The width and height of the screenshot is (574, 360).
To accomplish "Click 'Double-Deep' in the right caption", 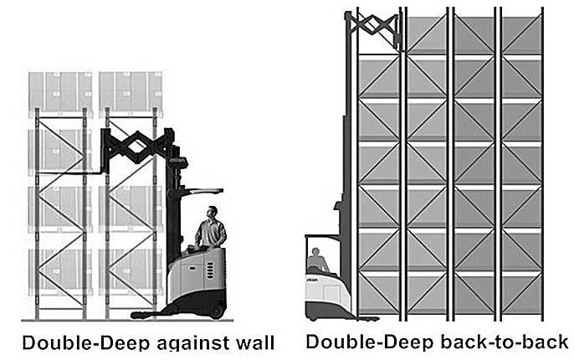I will pos(361,342).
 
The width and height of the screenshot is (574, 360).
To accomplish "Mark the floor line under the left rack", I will pos(75,320).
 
